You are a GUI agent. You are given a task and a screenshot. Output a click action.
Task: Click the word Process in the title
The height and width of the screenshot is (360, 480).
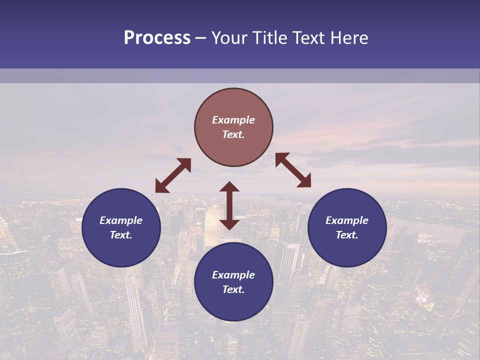pyautogui.click(x=157, y=38)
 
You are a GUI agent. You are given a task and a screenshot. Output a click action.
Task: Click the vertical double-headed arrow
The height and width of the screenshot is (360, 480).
pyautogui.click(x=229, y=205)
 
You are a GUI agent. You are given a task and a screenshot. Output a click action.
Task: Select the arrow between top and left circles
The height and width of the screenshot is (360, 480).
pyautogui.click(x=173, y=175)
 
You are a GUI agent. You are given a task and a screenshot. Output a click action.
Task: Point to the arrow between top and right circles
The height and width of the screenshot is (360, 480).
pyautogui.click(x=293, y=170)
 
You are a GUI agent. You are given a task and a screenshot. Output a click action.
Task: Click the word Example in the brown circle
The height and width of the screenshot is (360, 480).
pyautogui.click(x=233, y=120)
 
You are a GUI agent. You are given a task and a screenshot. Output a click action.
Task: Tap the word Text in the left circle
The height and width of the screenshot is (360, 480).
pyautogui.click(x=121, y=235)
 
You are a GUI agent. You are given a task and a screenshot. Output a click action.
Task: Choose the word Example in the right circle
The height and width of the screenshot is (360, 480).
pyautogui.click(x=347, y=220)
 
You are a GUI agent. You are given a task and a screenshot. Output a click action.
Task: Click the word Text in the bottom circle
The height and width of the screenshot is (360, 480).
pyautogui.click(x=233, y=289)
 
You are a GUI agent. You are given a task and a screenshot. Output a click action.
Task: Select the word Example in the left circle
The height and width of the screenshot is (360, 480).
pyautogui.click(x=121, y=220)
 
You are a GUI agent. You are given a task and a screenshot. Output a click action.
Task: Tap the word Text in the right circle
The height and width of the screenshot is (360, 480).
pyautogui.click(x=346, y=235)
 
